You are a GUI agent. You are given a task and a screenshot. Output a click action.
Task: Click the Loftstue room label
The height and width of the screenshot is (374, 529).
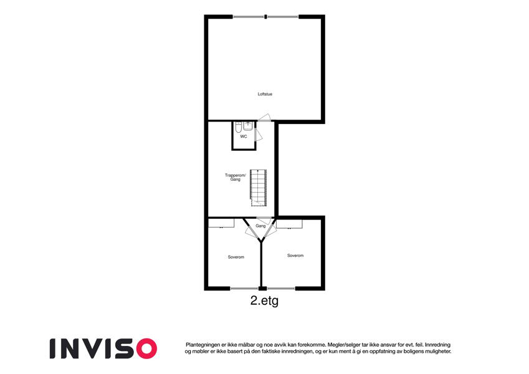click(x=265, y=94)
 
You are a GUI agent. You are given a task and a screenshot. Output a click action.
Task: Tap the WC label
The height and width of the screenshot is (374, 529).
click(x=244, y=137)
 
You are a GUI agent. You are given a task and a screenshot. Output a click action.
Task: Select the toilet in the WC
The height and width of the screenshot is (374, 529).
click(x=238, y=127)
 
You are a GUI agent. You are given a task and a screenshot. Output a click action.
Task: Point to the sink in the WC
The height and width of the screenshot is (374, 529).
click(x=248, y=126)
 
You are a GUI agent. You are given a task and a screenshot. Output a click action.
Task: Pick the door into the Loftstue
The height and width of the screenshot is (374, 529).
click(x=264, y=117)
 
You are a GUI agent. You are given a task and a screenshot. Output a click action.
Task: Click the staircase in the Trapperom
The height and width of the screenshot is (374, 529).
click(x=259, y=188)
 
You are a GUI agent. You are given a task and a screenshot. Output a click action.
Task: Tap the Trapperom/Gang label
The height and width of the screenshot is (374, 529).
click(x=236, y=178)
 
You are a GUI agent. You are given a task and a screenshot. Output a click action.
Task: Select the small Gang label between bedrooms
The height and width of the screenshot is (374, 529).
click(x=260, y=226)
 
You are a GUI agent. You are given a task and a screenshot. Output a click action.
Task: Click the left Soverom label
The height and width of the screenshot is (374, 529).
click(x=236, y=257)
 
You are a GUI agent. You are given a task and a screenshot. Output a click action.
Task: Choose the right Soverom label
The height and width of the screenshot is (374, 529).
click(x=295, y=256)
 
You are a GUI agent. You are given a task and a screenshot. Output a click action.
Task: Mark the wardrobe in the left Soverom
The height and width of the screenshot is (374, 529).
click(x=221, y=223)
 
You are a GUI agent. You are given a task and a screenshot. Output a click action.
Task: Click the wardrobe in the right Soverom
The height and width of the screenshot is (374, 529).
click(x=290, y=224)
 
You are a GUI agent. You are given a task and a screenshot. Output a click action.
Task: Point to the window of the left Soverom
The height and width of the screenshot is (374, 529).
click(x=244, y=289)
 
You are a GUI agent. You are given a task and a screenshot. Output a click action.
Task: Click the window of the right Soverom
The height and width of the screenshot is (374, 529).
click(x=281, y=289)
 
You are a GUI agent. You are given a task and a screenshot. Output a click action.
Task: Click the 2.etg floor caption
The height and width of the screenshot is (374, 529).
click(x=264, y=300)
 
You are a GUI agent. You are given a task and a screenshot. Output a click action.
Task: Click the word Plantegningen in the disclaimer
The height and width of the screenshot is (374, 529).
click(x=203, y=345)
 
